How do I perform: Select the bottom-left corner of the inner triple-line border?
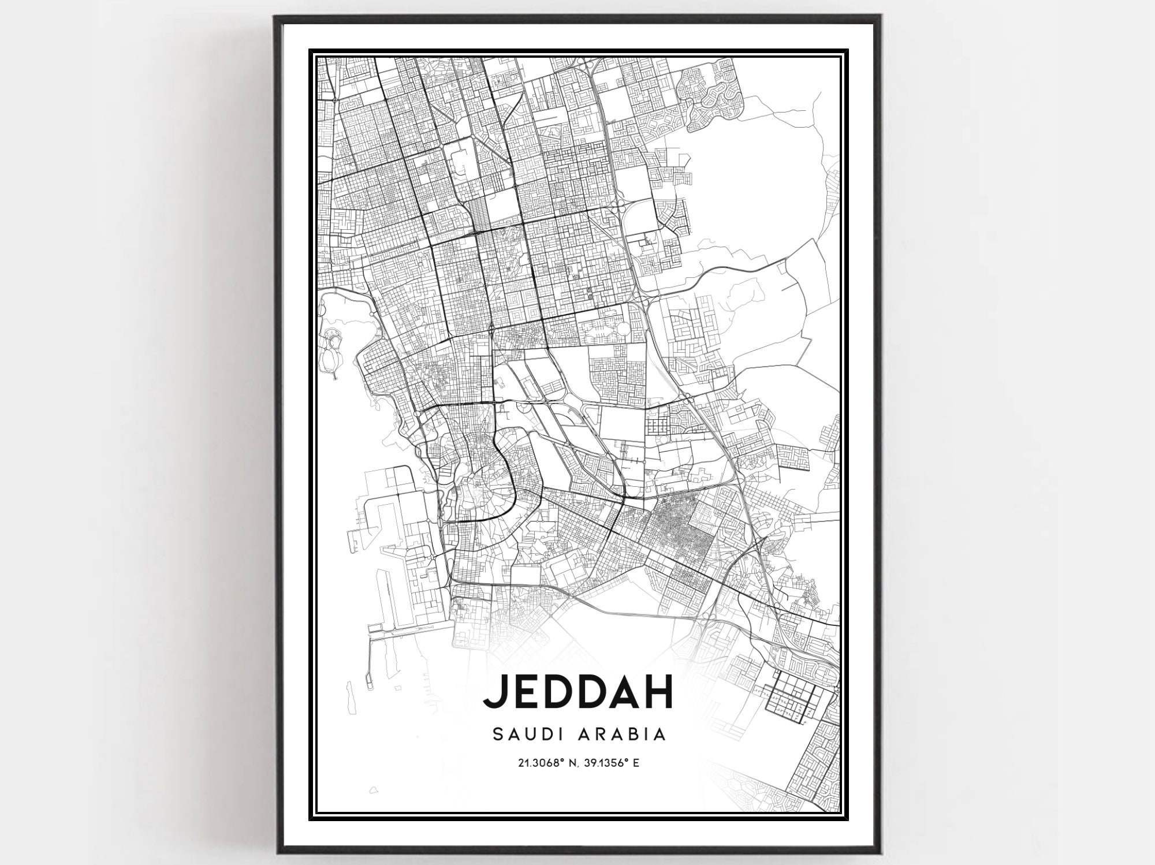[312, 816]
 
